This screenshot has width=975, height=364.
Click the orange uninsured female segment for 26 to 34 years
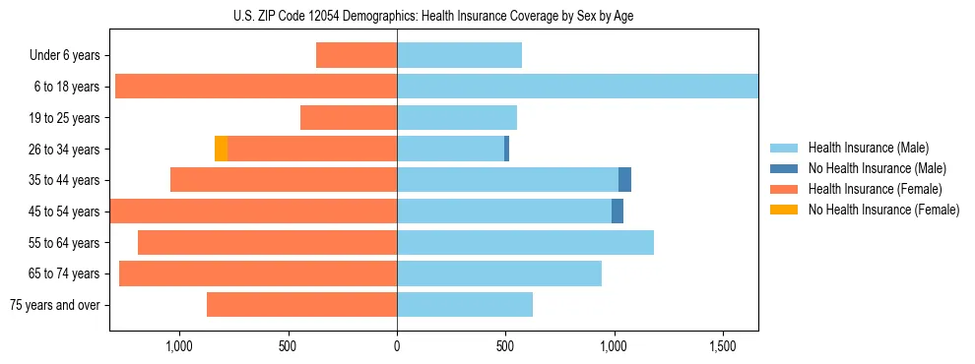221,149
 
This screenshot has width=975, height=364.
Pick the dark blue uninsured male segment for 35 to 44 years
624,180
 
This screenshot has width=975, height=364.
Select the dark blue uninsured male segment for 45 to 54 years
617,212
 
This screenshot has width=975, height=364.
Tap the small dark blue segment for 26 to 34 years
506,149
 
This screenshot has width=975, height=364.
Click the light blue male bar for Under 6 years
459,56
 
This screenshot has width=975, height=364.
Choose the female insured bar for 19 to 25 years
349,118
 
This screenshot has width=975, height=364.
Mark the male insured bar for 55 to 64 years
525,243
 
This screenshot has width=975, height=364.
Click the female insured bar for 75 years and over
301,305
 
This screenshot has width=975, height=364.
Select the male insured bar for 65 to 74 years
498,273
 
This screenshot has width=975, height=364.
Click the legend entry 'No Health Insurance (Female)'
882,210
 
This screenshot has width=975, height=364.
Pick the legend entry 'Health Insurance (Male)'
868,148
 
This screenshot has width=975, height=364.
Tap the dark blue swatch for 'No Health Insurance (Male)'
783,168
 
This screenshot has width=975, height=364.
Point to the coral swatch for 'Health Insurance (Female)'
783,189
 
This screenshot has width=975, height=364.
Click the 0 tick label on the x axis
397,346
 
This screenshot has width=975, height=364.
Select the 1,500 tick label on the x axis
723,346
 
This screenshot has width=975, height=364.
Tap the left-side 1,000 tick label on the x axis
179,346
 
